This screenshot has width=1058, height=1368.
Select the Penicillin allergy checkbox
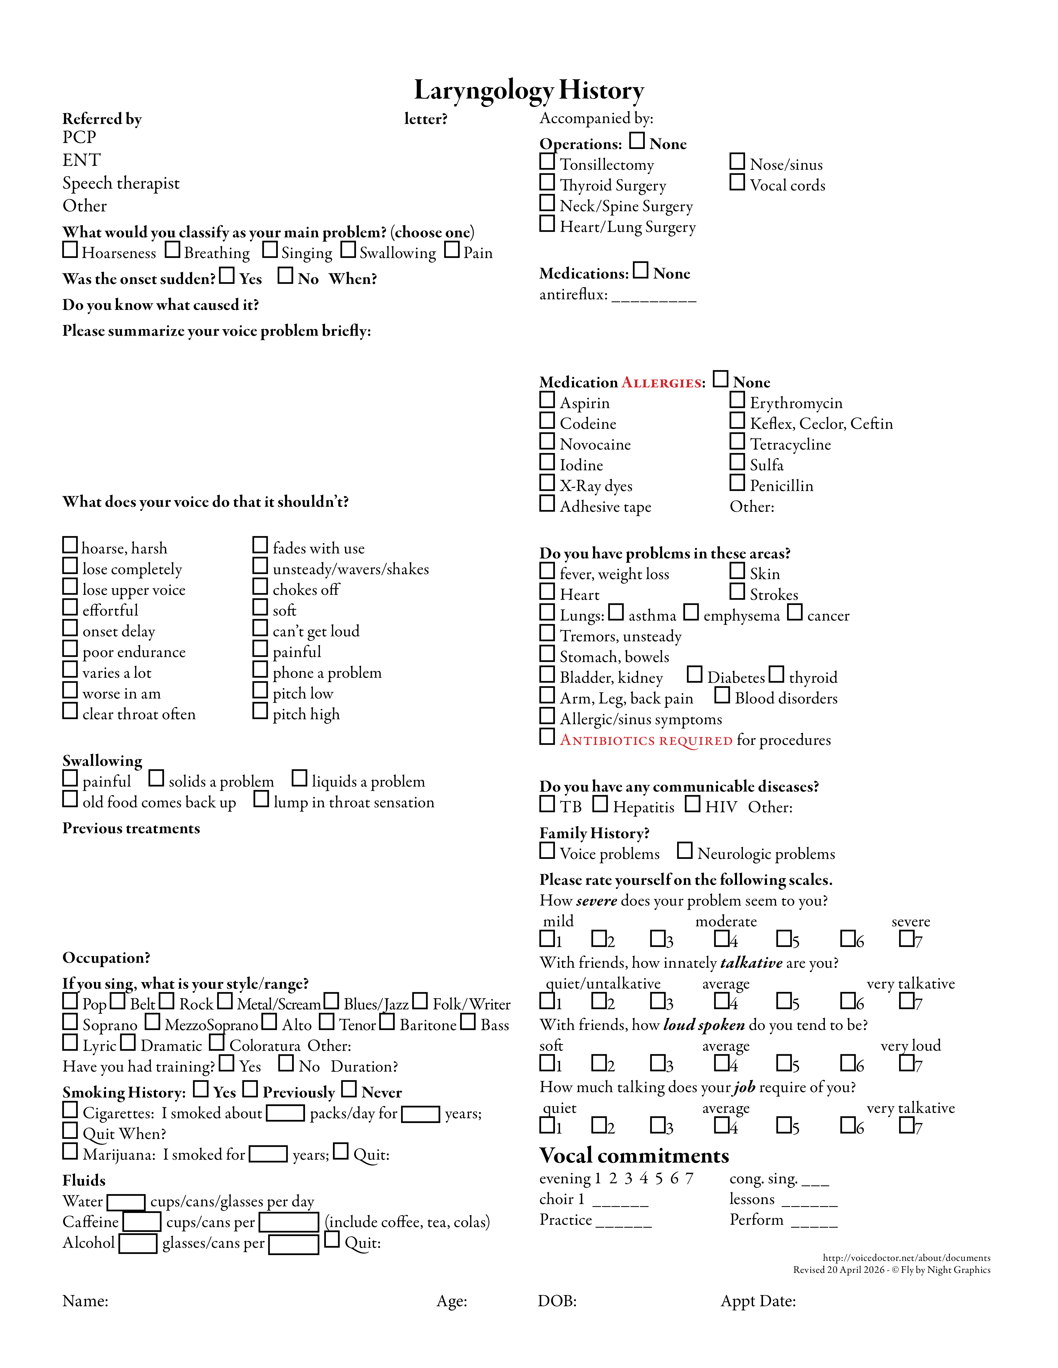(x=737, y=483)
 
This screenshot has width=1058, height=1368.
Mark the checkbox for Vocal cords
(x=737, y=182)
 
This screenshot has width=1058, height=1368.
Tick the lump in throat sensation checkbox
(x=261, y=799)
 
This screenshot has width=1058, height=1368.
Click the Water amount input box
(x=126, y=1202)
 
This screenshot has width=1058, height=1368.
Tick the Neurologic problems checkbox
(x=684, y=851)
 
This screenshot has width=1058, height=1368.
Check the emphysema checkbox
(x=691, y=612)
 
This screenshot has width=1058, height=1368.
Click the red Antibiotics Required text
(x=646, y=740)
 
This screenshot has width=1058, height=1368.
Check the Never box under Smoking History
(x=349, y=1089)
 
